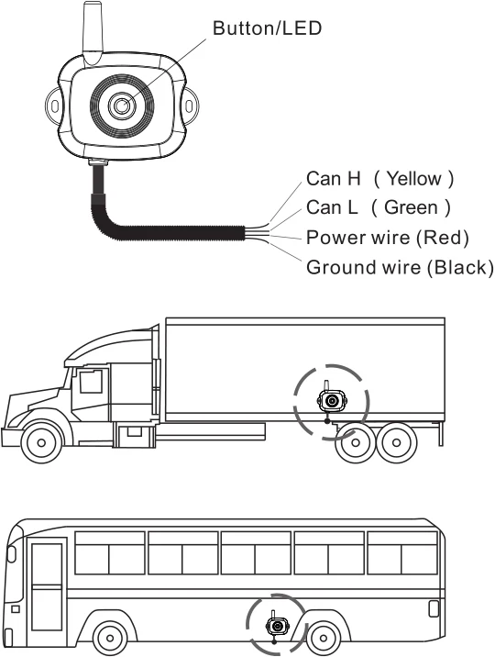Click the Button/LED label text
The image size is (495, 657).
pyautogui.click(x=267, y=28)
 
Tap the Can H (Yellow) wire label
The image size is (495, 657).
pyautogui.click(x=379, y=178)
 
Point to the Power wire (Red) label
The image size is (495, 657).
pyautogui.click(x=387, y=238)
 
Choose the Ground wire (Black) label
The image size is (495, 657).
pyautogui.click(x=399, y=268)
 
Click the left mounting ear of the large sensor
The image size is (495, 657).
pyautogui.click(x=55, y=106)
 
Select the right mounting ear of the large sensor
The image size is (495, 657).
pyautogui.click(x=191, y=106)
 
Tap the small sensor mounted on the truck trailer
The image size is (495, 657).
pyautogui.click(x=330, y=401)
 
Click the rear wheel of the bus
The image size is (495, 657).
pyautogui.click(x=323, y=636)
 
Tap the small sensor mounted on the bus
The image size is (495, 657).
pyautogui.click(x=276, y=626)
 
